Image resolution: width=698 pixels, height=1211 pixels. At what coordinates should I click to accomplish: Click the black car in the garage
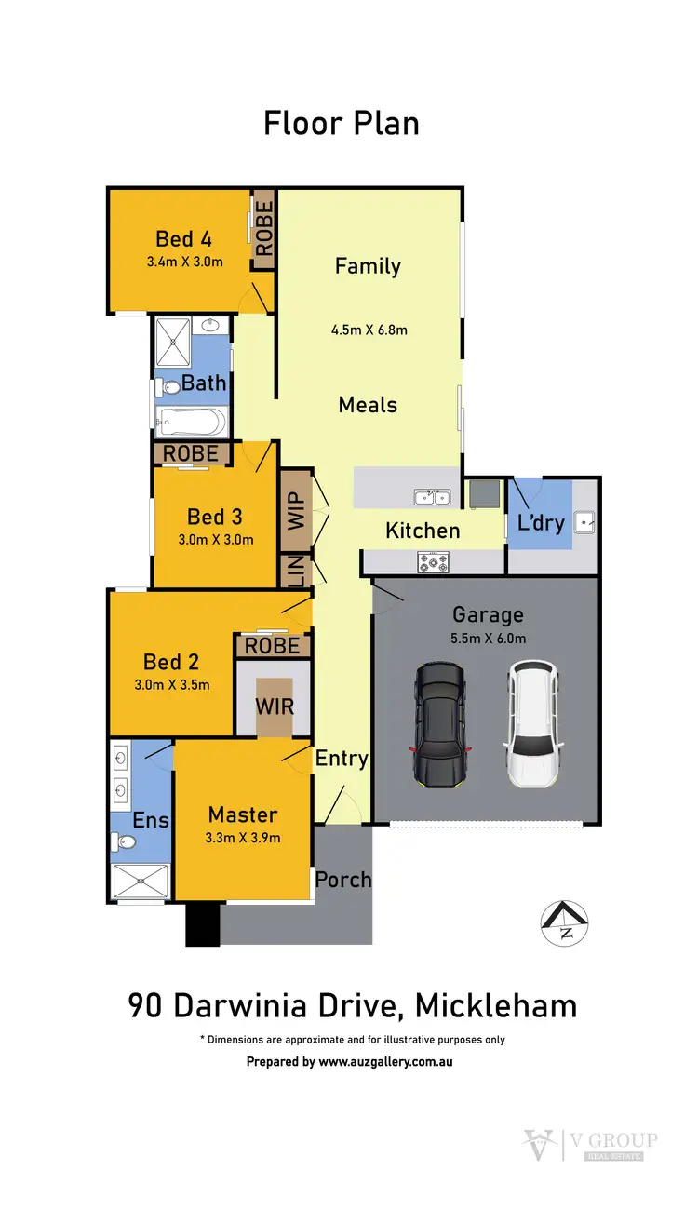440,723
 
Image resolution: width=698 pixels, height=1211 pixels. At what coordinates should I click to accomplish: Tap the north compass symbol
565,923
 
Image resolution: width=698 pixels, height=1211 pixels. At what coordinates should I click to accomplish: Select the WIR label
275,706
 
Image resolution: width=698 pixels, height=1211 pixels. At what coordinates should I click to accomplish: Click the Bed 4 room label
183,238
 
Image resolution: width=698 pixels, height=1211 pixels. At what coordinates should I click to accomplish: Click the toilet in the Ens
124,842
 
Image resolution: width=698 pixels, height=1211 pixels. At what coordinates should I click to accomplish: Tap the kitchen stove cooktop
433,561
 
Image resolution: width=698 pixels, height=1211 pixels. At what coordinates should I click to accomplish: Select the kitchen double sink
433,497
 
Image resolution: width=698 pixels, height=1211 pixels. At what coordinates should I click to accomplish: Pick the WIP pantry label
296,511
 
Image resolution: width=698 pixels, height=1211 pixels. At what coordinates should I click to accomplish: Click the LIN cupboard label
296,571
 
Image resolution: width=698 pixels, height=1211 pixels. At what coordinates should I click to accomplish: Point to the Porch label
342,879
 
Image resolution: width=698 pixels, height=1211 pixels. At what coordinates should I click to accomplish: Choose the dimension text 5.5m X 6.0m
489,638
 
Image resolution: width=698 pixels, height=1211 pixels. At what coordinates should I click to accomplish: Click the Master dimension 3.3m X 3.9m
242,837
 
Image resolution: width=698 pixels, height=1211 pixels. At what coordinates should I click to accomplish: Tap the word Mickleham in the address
495,1005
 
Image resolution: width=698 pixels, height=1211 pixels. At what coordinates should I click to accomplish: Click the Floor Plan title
341,123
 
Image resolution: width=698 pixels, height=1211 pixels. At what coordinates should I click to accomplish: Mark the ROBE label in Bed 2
273,645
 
